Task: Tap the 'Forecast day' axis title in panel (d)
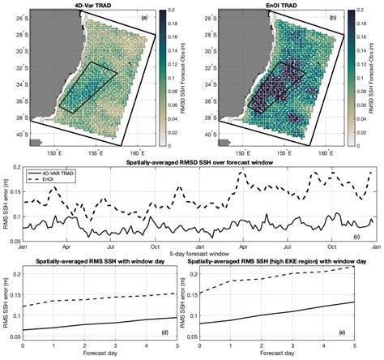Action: [97, 355]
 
